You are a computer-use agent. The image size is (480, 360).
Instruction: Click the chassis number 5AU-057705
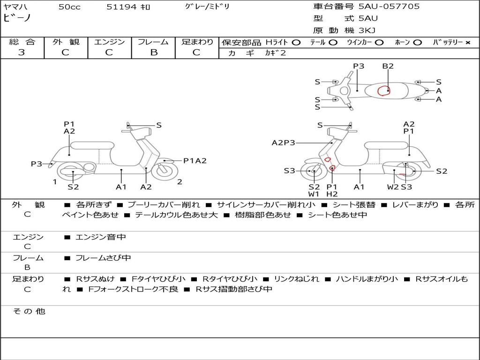point(389,7)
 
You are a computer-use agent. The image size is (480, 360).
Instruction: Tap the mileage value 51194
point(121,7)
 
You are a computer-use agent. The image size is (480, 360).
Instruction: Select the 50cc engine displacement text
point(69,7)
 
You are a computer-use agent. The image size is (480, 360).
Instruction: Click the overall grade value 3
point(22,52)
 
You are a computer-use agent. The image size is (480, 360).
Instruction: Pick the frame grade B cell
point(153,52)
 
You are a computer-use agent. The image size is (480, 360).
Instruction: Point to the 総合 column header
point(22,42)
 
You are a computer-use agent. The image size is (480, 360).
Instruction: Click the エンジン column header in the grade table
point(109,42)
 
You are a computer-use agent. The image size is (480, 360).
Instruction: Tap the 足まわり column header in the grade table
point(197,42)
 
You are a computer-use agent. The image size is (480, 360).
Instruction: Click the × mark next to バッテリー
point(468,43)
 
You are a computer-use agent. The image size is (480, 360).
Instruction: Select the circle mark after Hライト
point(296,43)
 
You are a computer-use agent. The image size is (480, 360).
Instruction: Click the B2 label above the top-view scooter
point(388,66)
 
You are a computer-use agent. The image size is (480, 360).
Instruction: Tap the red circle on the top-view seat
point(384,90)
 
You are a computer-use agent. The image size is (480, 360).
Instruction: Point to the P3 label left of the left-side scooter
point(37,164)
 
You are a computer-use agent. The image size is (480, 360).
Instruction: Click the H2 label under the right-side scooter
point(332,194)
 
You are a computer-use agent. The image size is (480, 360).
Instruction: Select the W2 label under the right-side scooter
point(393,187)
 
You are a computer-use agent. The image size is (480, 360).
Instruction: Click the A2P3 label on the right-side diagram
point(284,143)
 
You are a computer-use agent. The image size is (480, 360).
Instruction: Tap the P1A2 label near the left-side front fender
point(195,161)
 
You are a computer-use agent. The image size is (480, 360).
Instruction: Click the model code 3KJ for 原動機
point(367,30)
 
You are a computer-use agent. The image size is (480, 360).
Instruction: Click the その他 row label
point(29,311)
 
